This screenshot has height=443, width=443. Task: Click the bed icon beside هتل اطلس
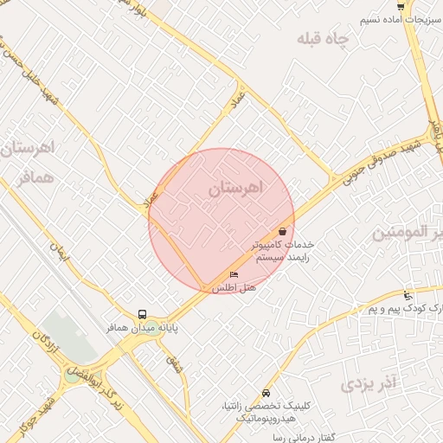[234, 275]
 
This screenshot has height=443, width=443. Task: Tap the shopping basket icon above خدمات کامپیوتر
[284, 231]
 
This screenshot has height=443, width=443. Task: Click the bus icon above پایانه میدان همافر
[142, 314]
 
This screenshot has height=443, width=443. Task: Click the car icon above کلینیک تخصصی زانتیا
[265, 391]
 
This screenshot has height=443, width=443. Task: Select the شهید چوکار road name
[41, 415]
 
